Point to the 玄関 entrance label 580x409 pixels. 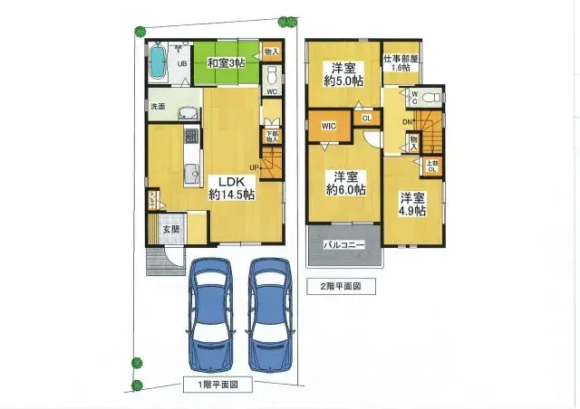[171, 229]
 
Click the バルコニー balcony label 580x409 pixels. [343, 244]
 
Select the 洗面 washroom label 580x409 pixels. [158, 107]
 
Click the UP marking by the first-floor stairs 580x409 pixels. [256, 167]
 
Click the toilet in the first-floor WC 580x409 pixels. [272, 74]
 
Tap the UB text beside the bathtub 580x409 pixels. [181, 63]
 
